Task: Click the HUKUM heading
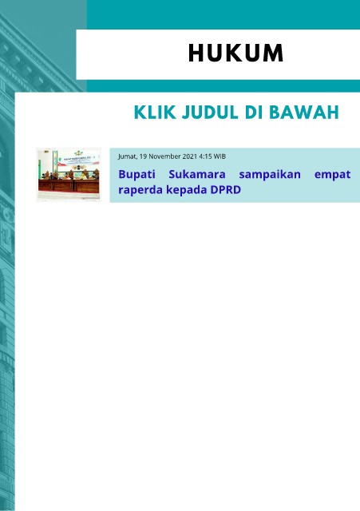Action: coord(235,53)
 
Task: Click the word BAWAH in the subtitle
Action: coord(304,113)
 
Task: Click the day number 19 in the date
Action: coord(143,156)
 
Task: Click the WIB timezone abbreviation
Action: coord(220,156)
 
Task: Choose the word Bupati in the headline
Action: coord(136,175)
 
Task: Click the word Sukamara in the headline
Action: coord(197,174)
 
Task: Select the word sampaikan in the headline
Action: coord(270,175)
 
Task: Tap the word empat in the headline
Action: coord(332,175)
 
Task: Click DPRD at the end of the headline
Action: coord(226,189)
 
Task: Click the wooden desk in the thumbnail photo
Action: coord(69,186)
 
